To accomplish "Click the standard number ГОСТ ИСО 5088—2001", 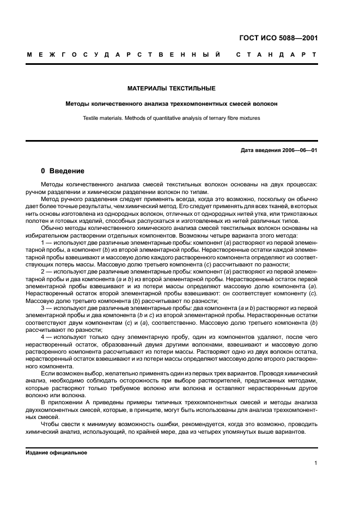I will coord(278,38).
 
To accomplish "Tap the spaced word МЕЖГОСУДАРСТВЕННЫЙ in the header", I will coord(124,55).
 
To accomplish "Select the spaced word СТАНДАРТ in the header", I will coord(277,55).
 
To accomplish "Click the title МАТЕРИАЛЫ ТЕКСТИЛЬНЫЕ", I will coord(172,88).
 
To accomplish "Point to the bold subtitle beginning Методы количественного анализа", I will coord(172,103).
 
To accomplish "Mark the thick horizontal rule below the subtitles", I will coord(172,141).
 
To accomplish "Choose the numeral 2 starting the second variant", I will coord(43,271).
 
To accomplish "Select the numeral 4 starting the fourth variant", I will coord(43,337).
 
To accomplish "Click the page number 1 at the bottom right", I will coord(316,463).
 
